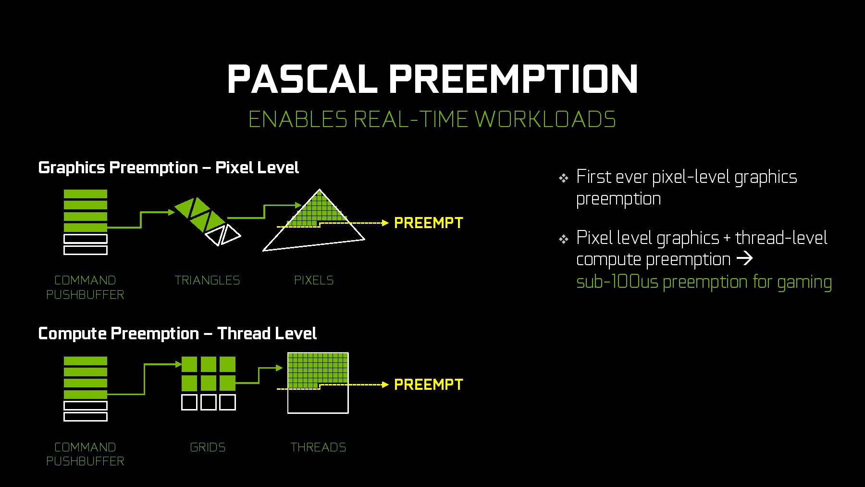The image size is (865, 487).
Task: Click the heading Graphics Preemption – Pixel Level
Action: click(168, 167)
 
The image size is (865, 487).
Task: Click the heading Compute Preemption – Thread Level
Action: click(177, 333)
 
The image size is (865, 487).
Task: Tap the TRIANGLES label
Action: click(207, 280)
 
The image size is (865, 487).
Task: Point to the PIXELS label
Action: click(314, 280)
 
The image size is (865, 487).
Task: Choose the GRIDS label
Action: click(208, 447)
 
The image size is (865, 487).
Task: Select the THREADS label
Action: click(318, 447)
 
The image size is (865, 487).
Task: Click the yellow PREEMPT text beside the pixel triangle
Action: click(428, 223)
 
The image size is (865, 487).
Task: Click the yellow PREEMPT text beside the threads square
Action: click(428, 384)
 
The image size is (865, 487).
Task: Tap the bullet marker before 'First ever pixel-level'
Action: click(564, 179)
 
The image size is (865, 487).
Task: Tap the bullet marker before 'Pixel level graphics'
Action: click(564, 239)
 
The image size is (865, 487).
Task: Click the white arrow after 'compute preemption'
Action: click(744, 259)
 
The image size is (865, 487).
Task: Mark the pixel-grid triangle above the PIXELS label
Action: click(314, 220)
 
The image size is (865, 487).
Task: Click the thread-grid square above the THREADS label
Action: click(318, 383)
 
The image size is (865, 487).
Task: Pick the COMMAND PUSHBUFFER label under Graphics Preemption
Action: click(85, 287)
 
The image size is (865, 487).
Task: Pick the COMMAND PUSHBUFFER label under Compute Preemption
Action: click(85, 454)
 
